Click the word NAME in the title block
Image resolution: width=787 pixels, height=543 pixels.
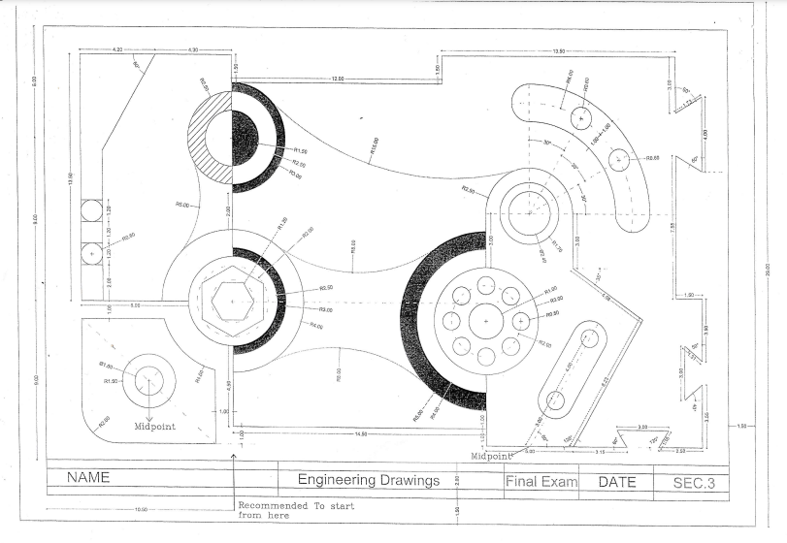pyautogui.click(x=88, y=478)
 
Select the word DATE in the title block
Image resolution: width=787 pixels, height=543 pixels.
pyautogui.click(x=617, y=481)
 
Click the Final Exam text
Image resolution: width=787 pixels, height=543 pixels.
pyautogui.click(x=541, y=481)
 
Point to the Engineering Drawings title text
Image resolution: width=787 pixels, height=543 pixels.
pyautogui.click(x=368, y=480)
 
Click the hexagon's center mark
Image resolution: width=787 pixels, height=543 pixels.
pyautogui.click(x=232, y=302)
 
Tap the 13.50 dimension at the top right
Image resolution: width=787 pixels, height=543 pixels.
pyautogui.click(x=558, y=50)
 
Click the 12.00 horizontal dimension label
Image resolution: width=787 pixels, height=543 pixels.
pyautogui.click(x=337, y=78)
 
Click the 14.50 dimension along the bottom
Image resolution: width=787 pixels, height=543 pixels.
pyautogui.click(x=360, y=433)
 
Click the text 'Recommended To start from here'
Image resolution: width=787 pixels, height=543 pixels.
pyautogui.click(x=296, y=510)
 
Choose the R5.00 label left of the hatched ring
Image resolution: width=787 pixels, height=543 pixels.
pyautogui.click(x=181, y=204)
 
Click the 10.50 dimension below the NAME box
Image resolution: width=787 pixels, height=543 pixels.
pyautogui.click(x=139, y=508)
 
